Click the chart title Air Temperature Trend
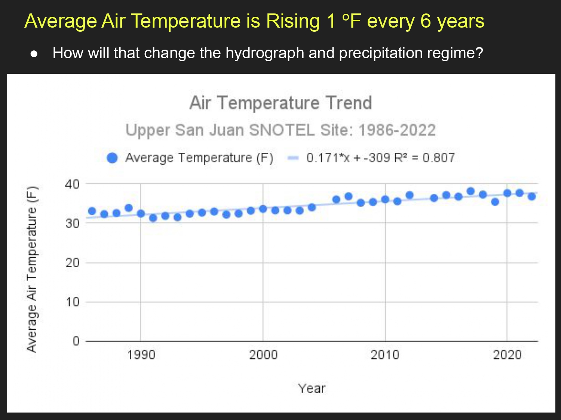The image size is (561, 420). (x=280, y=103)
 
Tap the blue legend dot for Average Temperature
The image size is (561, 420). (x=112, y=158)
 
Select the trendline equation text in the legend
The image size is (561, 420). (x=380, y=158)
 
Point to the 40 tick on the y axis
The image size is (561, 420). (x=72, y=184)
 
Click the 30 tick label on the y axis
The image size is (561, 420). (x=72, y=223)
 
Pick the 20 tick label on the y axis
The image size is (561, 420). (x=72, y=263)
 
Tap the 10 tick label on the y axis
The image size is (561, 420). (x=72, y=302)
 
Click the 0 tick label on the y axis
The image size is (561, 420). (x=76, y=341)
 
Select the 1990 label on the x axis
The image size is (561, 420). (x=141, y=355)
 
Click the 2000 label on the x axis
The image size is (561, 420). (x=263, y=355)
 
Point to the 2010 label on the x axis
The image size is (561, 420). (x=385, y=355)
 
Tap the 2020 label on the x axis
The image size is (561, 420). (x=507, y=355)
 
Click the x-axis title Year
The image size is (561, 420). (x=312, y=389)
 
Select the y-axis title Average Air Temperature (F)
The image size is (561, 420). (x=32, y=269)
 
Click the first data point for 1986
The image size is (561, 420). (x=92, y=211)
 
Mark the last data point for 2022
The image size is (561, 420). (x=531, y=196)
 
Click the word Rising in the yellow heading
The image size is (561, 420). (x=292, y=21)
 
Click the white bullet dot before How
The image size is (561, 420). (x=34, y=54)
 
